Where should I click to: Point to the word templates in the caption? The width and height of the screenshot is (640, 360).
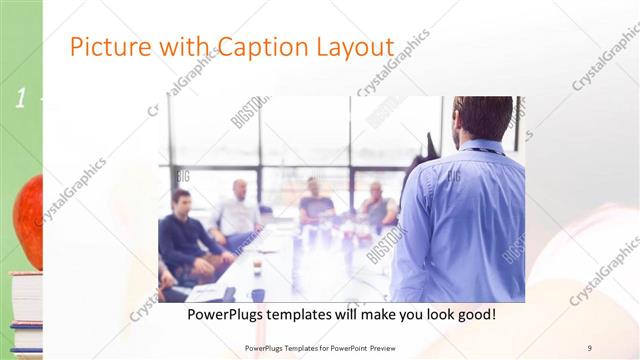tap(317, 314)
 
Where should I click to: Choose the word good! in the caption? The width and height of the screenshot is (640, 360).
tap(473, 314)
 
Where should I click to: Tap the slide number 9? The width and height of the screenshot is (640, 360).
tap(590, 347)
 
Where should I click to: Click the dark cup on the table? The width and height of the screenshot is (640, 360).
tap(257, 268)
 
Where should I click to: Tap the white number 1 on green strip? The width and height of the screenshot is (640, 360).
tap(19, 99)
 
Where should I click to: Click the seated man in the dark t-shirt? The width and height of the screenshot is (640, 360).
tap(316, 204)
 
